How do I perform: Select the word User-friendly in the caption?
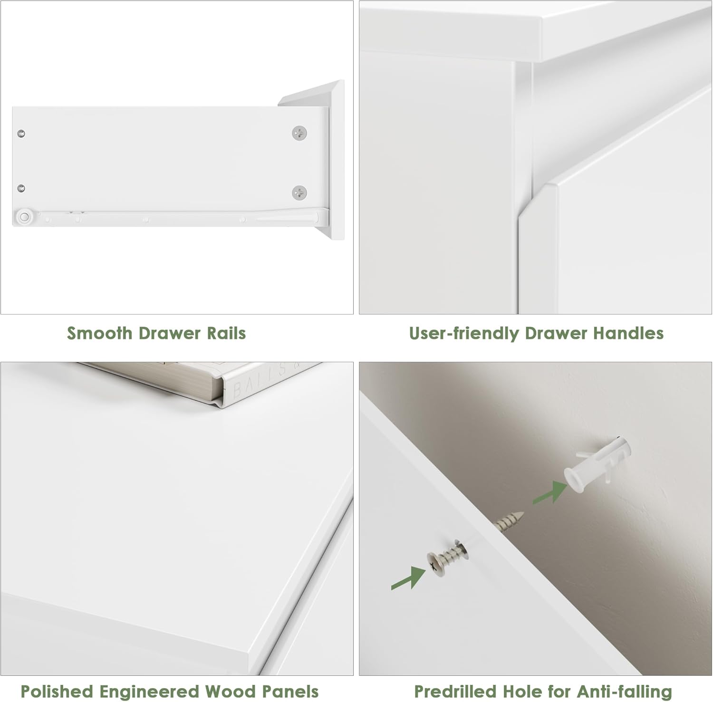tap(464, 334)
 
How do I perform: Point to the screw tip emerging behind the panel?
tap(509, 521)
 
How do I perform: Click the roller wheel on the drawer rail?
tap(24, 217)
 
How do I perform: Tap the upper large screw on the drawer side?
tap(299, 133)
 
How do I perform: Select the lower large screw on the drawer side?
tap(299, 193)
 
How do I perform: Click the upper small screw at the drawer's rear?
tap(21, 134)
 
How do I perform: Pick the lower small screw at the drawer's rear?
tap(21, 189)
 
